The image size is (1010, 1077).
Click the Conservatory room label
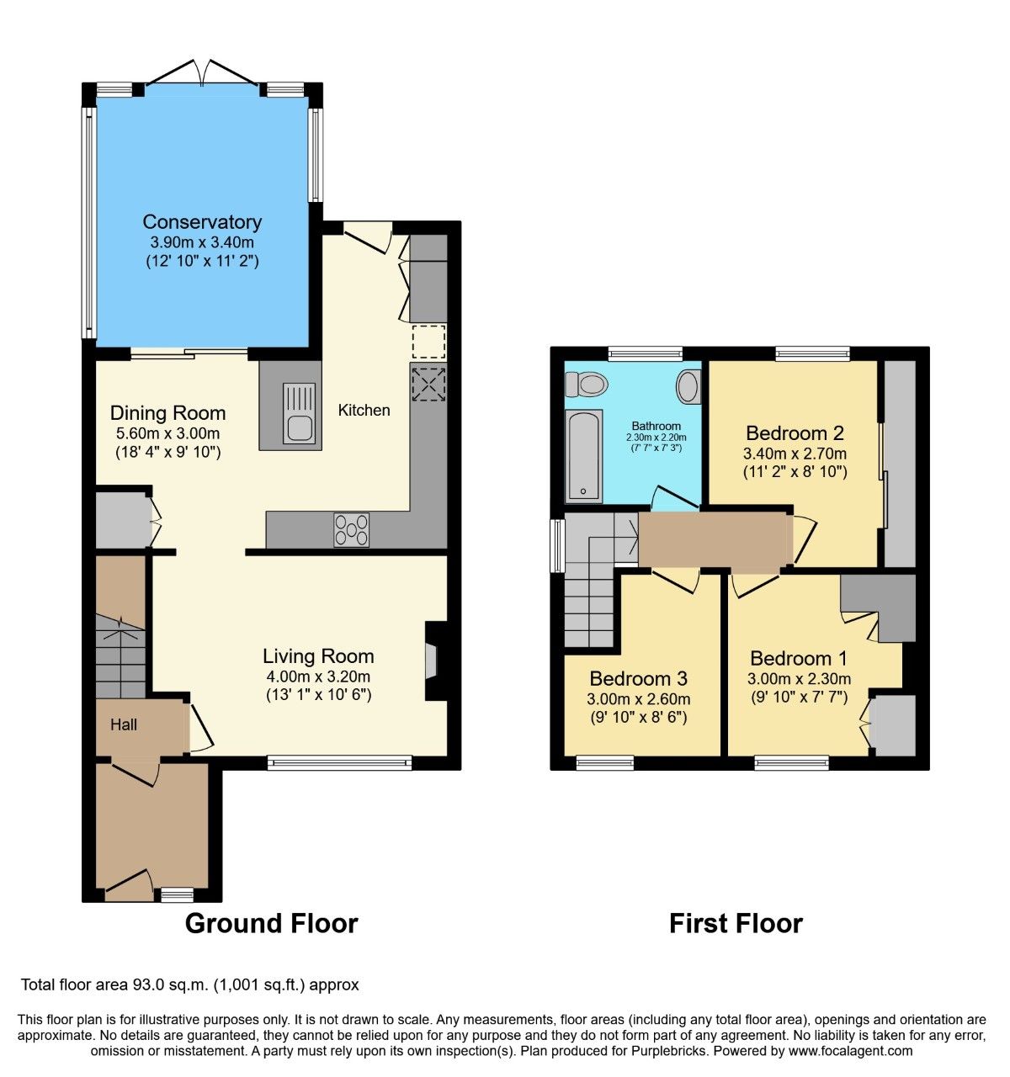point(202,222)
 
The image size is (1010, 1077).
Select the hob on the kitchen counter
point(351,529)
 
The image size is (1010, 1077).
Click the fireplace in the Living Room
point(432,661)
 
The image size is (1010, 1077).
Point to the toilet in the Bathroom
point(587,385)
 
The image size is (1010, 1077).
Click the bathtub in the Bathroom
point(582,456)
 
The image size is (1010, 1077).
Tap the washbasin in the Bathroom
point(688,387)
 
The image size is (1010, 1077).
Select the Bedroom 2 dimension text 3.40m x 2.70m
point(795,454)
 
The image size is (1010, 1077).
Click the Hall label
point(124,724)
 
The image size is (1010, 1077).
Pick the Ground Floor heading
point(271,923)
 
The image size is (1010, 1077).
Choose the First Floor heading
point(736,923)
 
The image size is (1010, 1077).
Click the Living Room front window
point(340,763)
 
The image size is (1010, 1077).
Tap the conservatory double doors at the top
point(202,76)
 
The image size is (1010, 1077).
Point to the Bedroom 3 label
point(638,678)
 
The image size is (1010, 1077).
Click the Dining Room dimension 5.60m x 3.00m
point(167,433)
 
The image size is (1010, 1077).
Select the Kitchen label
point(364,410)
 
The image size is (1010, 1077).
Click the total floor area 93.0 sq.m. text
point(190,984)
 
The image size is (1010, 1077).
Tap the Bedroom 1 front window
point(791,763)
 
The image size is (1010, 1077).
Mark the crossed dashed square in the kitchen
point(428,384)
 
